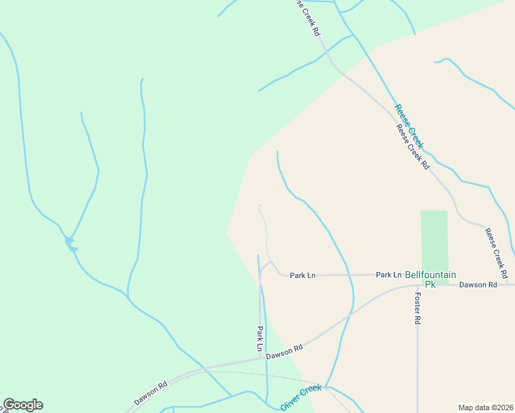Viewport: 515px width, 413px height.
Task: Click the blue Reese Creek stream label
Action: point(409,127)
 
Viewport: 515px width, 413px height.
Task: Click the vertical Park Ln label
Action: point(260,339)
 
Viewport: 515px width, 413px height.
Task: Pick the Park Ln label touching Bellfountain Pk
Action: point(389,275)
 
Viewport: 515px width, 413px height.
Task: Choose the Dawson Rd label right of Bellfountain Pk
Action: point(478,284)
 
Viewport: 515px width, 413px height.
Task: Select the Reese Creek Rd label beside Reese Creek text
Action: point(412,147)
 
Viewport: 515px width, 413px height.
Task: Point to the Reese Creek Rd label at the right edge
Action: point(496,253)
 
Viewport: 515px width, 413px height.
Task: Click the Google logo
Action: point(23,405)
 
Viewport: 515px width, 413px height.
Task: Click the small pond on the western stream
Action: point(70,243)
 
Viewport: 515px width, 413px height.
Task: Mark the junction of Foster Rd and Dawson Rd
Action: point(417,284)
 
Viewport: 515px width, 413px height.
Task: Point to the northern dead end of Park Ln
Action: point(259,205)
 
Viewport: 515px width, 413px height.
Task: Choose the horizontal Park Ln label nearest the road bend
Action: point(302,275)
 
